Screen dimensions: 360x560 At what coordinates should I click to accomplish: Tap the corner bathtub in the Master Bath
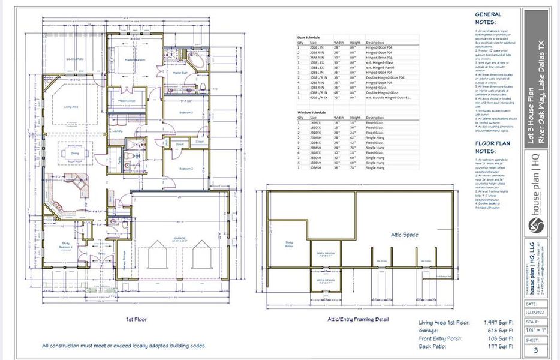coord(197,62)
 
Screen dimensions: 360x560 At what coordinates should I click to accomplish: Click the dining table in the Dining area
coord(74,152)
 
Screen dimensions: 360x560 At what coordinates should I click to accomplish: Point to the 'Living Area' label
coord(73,107)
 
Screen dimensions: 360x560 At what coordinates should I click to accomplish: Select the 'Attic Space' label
coord(402,235)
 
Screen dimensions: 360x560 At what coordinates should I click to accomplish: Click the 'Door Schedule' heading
coord(309,37)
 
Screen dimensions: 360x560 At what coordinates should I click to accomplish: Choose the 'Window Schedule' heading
coord(312,112)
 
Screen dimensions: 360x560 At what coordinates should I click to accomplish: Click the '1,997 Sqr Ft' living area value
coord(498,323)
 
